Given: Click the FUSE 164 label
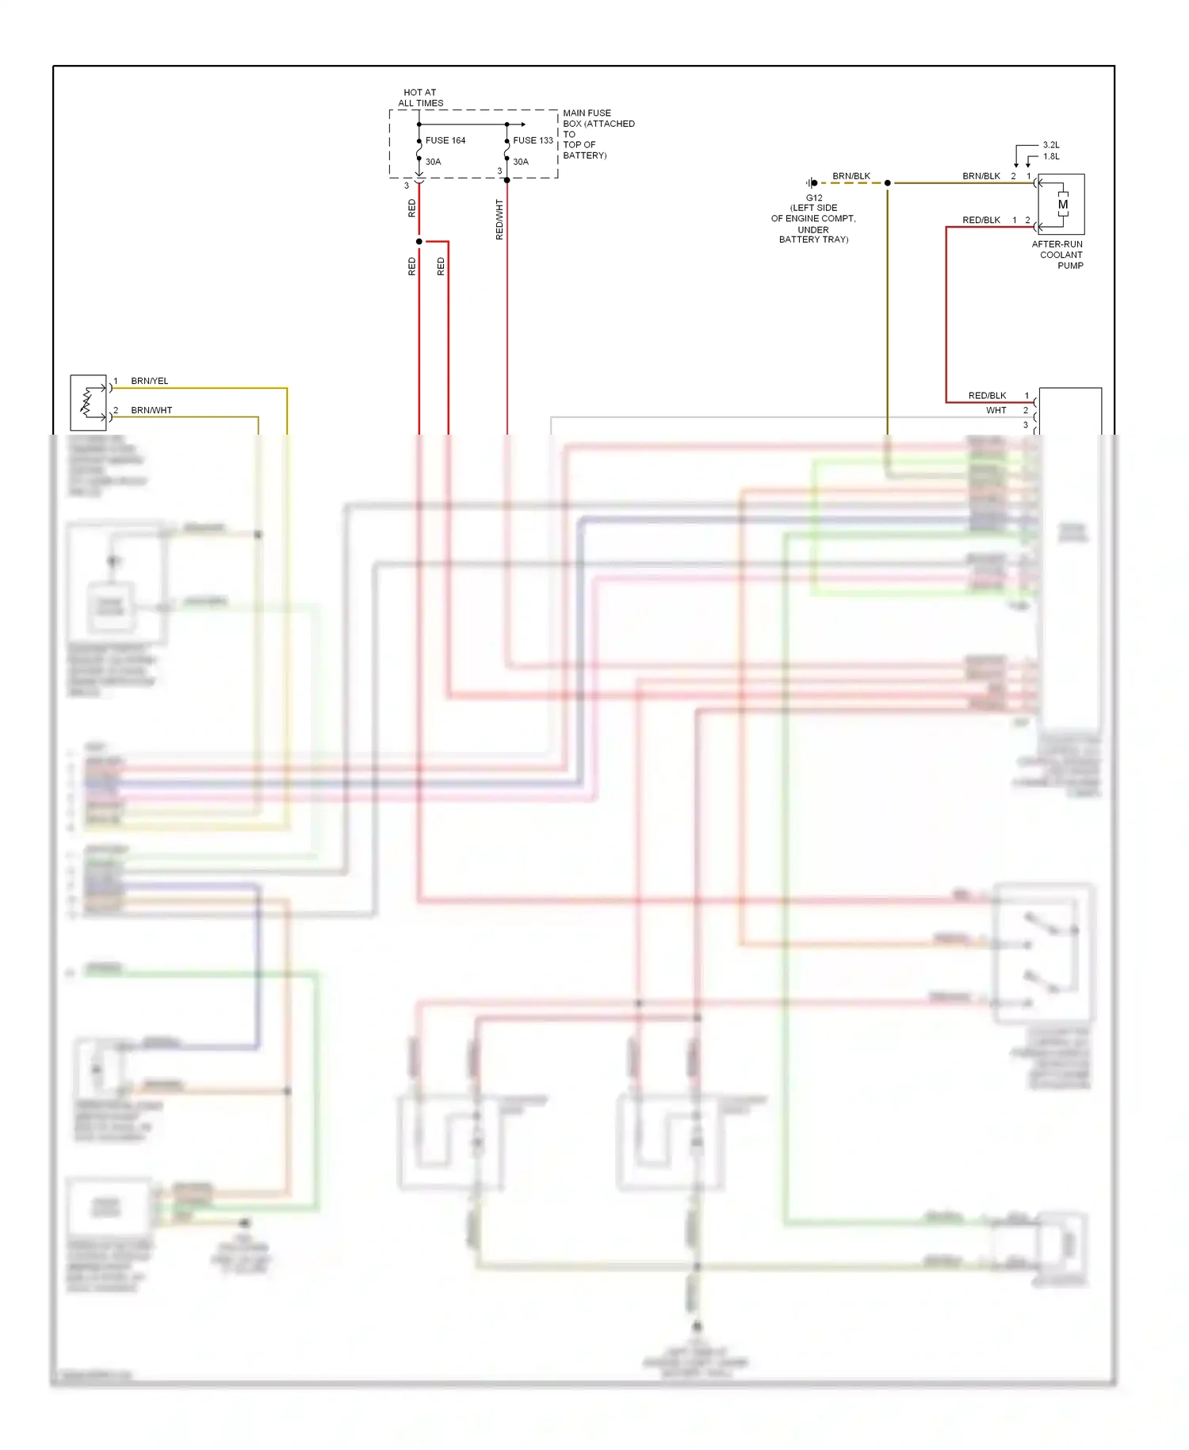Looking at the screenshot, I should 445,140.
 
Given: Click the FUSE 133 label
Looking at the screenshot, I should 533,140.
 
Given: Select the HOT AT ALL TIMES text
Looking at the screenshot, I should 420,98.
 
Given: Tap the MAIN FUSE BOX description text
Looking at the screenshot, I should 598,134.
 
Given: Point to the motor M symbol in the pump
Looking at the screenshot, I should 1063,205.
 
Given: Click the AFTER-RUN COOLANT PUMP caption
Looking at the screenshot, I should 1057,255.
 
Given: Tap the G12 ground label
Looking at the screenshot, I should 814,198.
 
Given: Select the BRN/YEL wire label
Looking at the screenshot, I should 149,381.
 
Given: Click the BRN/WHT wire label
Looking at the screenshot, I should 151,410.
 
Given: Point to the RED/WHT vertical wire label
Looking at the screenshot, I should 499,219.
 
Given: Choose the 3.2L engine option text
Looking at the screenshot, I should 1051,145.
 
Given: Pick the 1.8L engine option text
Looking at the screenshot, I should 1051,156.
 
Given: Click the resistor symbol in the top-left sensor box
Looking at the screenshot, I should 86,403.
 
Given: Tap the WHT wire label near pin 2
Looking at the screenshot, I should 996,410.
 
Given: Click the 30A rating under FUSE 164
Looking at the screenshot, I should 433,162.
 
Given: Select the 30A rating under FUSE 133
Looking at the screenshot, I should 520,162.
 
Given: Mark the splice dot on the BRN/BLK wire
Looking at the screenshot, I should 887,183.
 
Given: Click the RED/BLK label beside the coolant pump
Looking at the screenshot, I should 981,220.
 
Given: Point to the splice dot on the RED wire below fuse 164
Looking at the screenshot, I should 419,241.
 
